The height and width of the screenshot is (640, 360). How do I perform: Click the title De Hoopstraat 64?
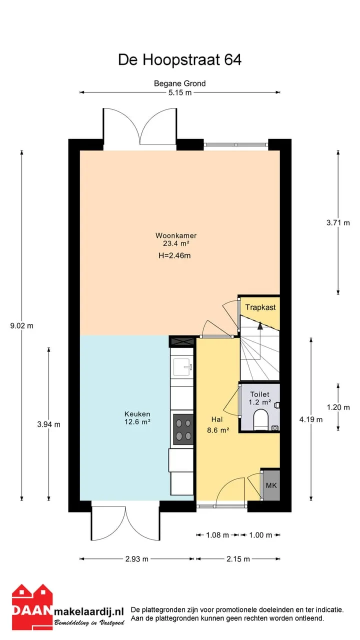coord(179,59)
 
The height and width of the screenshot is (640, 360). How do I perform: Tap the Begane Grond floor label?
coord(179,83)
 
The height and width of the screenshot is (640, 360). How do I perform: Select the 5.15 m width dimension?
coord(179,92)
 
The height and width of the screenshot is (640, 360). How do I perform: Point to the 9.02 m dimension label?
coord(21,325)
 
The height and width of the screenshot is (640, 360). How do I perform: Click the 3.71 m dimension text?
coord(338,223)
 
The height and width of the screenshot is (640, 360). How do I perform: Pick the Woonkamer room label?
coord(176,235)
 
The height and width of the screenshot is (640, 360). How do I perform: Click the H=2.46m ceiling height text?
coord(174,255)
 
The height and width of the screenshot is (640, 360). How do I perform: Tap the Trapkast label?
coord(260,307)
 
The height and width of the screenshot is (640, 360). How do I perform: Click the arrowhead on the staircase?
coord(260,325)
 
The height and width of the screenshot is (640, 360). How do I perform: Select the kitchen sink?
coord(182,367)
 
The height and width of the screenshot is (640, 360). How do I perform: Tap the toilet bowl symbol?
coord(261,419)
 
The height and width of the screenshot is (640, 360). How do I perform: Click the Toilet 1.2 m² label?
coord(259,398)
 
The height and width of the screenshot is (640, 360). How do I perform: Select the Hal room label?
coord(217,419)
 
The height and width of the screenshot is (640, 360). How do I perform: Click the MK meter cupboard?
coord(271,485)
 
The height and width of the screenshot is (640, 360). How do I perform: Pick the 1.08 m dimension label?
coord(217,535)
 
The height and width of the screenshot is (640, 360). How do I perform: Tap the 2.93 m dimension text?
coord(137,559)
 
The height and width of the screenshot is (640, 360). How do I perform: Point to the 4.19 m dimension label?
coord(311,419)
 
